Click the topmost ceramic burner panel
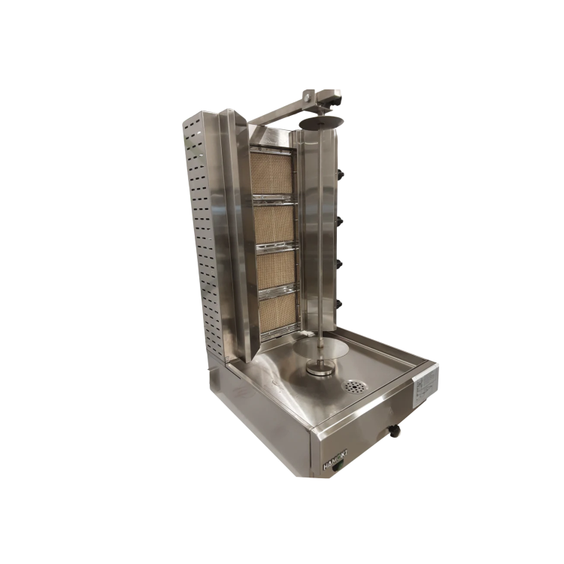coord(271,174)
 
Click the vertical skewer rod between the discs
coord(322,241)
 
